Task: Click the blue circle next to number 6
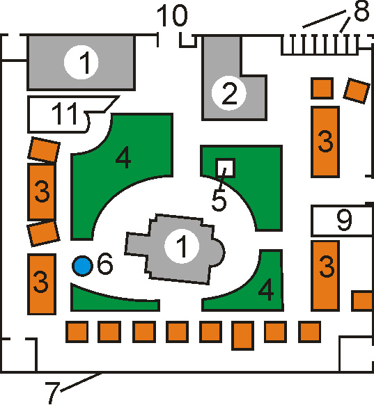point(82,266)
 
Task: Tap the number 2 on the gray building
point(229,93)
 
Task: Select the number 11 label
point(65,113)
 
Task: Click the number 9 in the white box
point(344,220)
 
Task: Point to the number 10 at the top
point(172,15)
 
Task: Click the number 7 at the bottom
point(53,392)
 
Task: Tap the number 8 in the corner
point(361,10)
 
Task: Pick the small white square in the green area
point(226,168)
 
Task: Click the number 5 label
point(219,200)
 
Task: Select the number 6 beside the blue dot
point(105,264)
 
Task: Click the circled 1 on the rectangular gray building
point(81,62)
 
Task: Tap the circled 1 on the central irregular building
point(182,246)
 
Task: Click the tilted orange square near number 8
point(357,90)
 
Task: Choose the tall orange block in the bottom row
point(242,335)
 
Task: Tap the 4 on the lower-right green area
point(266,289)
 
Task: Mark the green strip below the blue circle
point(116,300)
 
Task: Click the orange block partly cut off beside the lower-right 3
point(363,301)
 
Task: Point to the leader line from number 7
point(81,382)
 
